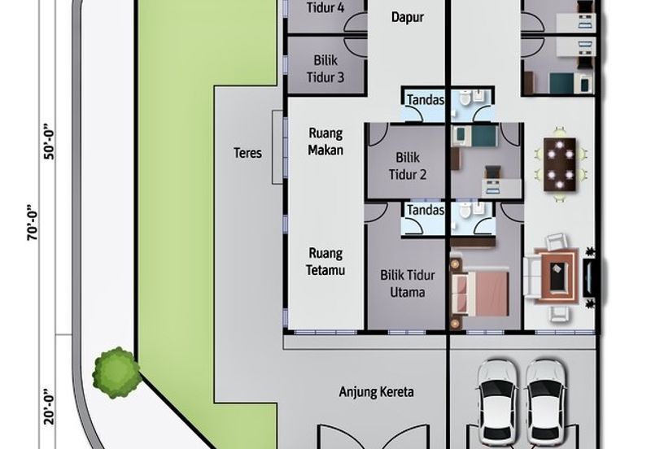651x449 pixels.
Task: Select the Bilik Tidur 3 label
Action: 325,68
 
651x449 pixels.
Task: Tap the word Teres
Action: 247,152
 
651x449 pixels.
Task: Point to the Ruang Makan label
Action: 325,142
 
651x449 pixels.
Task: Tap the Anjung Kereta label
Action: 376,392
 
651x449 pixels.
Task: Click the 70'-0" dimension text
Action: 32,222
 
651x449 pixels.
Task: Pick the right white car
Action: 545,399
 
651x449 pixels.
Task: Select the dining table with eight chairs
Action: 559,163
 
